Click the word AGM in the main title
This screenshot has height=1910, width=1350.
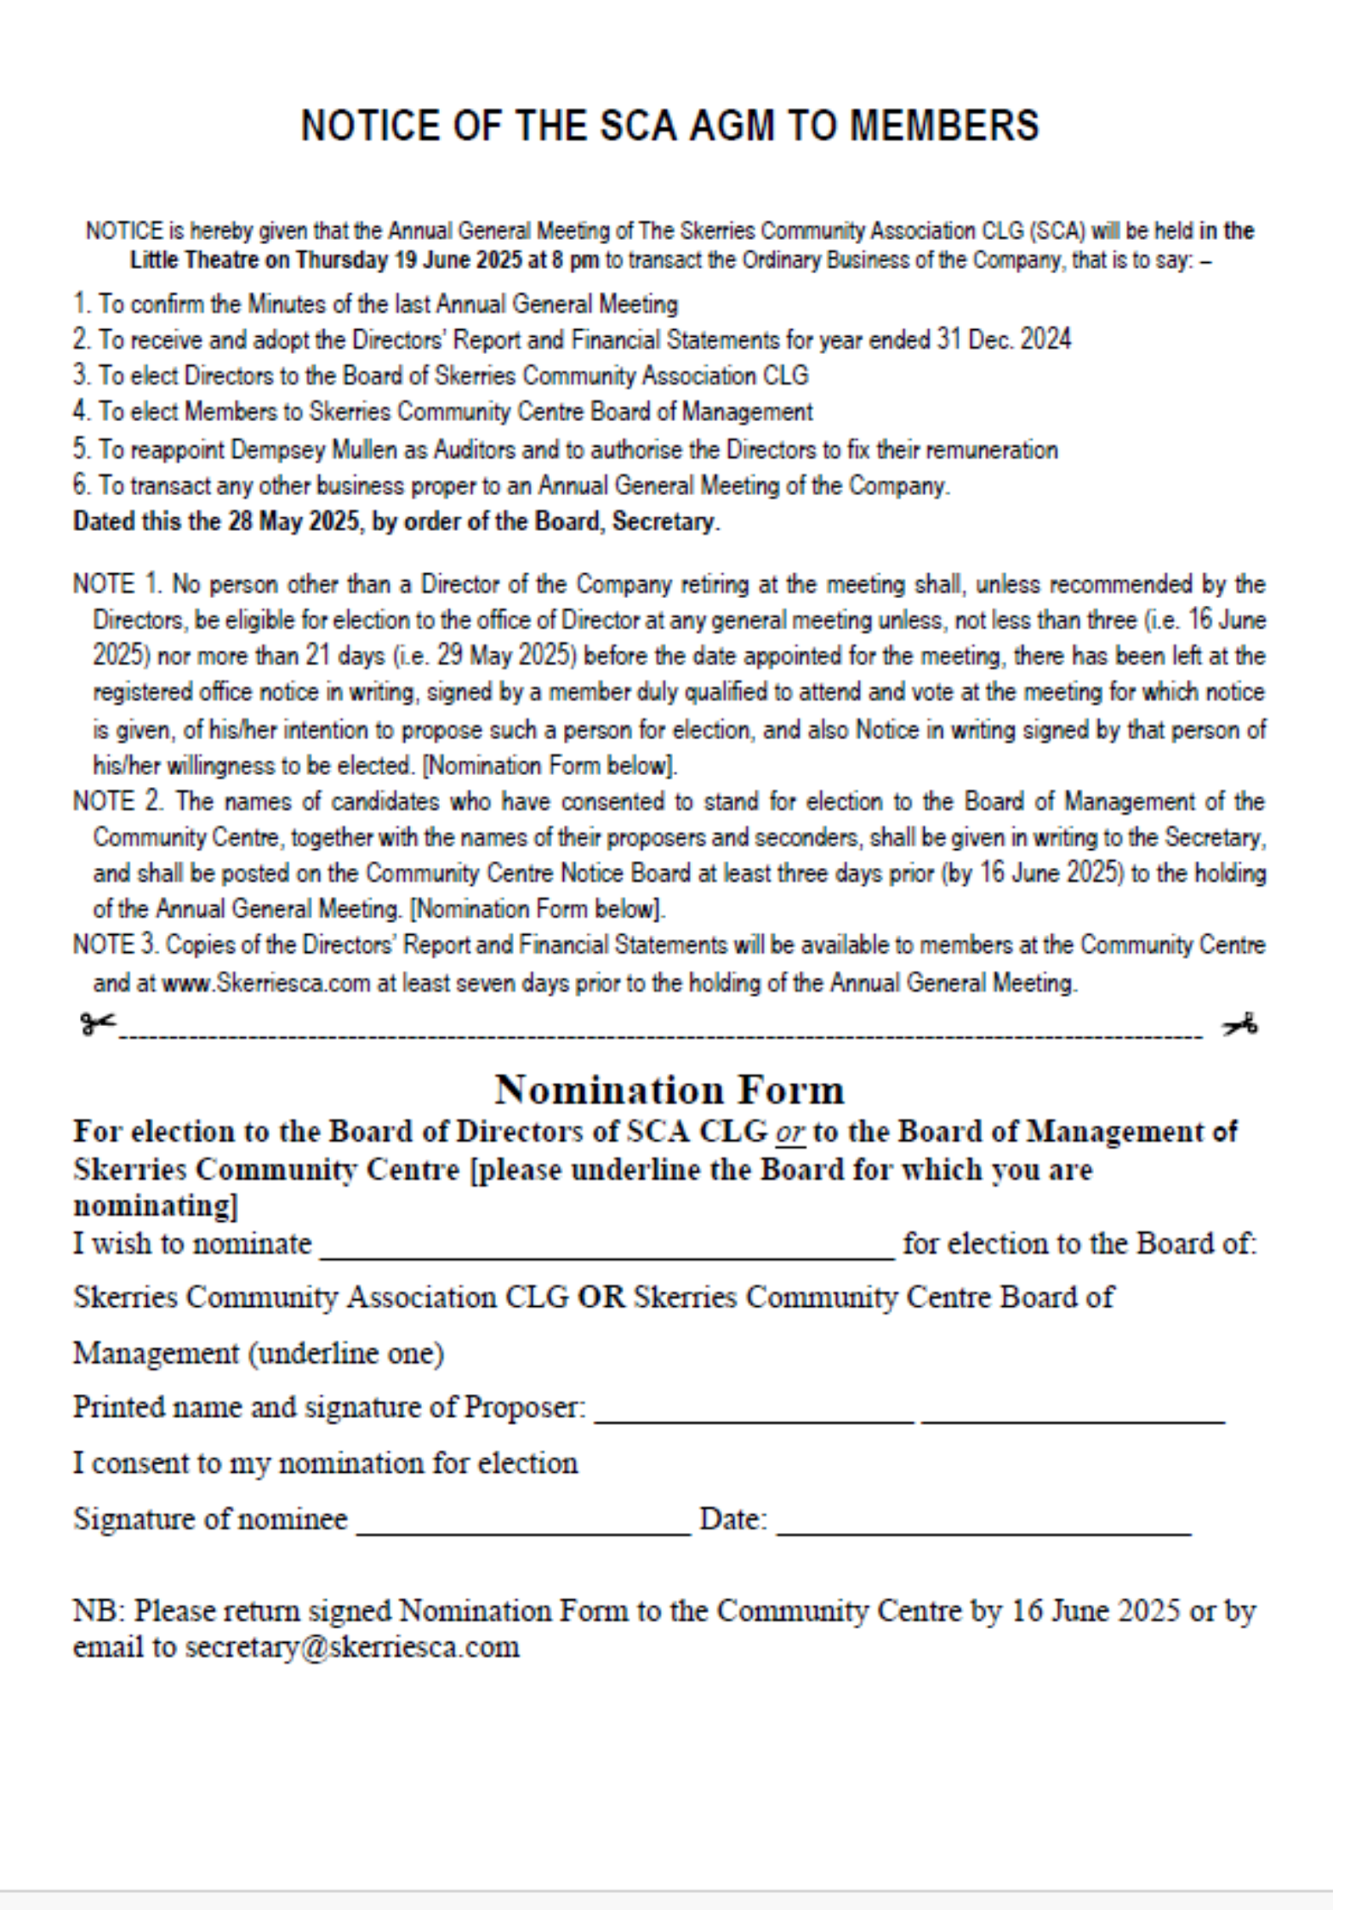(732, 125)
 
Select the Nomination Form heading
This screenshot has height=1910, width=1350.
(669, 1090)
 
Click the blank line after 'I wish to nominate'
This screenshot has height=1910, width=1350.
(607, 1256)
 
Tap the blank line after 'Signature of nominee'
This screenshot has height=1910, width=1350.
(523, 1531)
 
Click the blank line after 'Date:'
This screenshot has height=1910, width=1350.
(983, 1531)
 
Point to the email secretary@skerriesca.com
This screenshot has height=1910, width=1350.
(352, 1647)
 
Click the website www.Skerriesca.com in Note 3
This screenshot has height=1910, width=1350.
(266, 984)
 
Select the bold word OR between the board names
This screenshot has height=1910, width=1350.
(601, 1297)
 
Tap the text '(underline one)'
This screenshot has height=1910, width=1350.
(345, 1354)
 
